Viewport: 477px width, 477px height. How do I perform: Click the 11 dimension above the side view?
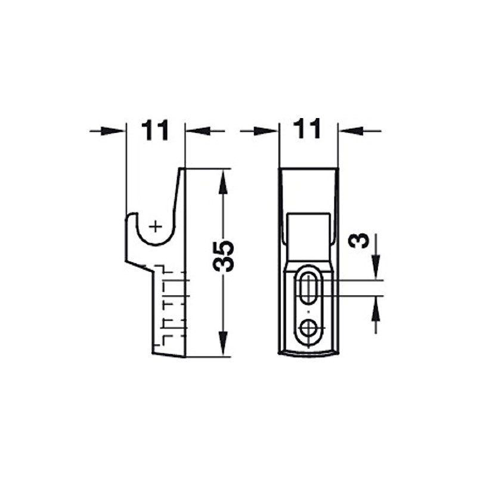pos(156,130)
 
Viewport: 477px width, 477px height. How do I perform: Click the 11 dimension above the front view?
pos(308,129)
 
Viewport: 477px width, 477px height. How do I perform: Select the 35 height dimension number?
pos(224,256)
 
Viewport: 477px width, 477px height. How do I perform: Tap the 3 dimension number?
pos(358,241)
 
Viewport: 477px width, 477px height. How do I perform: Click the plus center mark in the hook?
pos(155,226)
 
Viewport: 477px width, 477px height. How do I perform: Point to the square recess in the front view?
pos(309,230)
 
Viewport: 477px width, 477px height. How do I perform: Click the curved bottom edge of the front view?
pos(309,354)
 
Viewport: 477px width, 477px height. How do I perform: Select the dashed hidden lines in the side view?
pos(170,304)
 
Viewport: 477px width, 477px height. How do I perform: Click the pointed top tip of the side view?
pos(182,170)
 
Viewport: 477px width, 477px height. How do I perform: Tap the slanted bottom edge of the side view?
pos(168,355)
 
